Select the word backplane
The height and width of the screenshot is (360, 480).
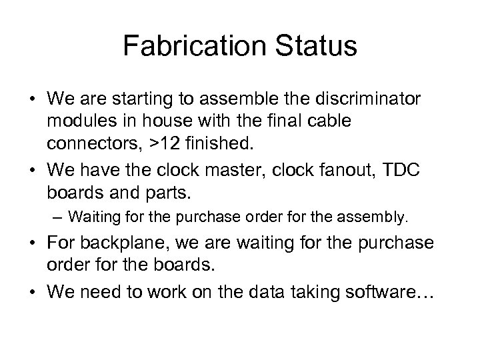coord(125,243)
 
